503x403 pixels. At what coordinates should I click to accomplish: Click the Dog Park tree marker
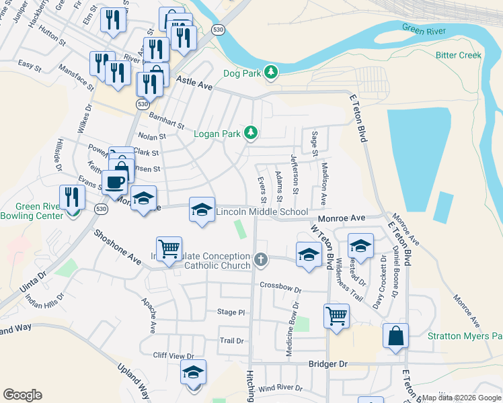(271, 71)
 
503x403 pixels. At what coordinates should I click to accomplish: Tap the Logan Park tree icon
(251, 134)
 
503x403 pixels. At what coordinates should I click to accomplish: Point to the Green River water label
(424, 28)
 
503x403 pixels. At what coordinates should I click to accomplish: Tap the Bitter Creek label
(459, 55)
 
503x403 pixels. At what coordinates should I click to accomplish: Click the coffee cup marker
(115, 181)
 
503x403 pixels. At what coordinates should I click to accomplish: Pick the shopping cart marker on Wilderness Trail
(336, 314)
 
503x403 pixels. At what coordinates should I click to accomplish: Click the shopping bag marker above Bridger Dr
(395, 335)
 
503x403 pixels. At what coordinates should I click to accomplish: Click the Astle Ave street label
(194, 83)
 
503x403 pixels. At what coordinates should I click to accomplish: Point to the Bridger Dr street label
(328, 363)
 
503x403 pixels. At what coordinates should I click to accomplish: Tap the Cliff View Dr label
(173, 356)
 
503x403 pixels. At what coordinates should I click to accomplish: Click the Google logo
(23, 395)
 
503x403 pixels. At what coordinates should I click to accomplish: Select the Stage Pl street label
(231, 312)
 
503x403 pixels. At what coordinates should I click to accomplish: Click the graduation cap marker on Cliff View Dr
(193, 373)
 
